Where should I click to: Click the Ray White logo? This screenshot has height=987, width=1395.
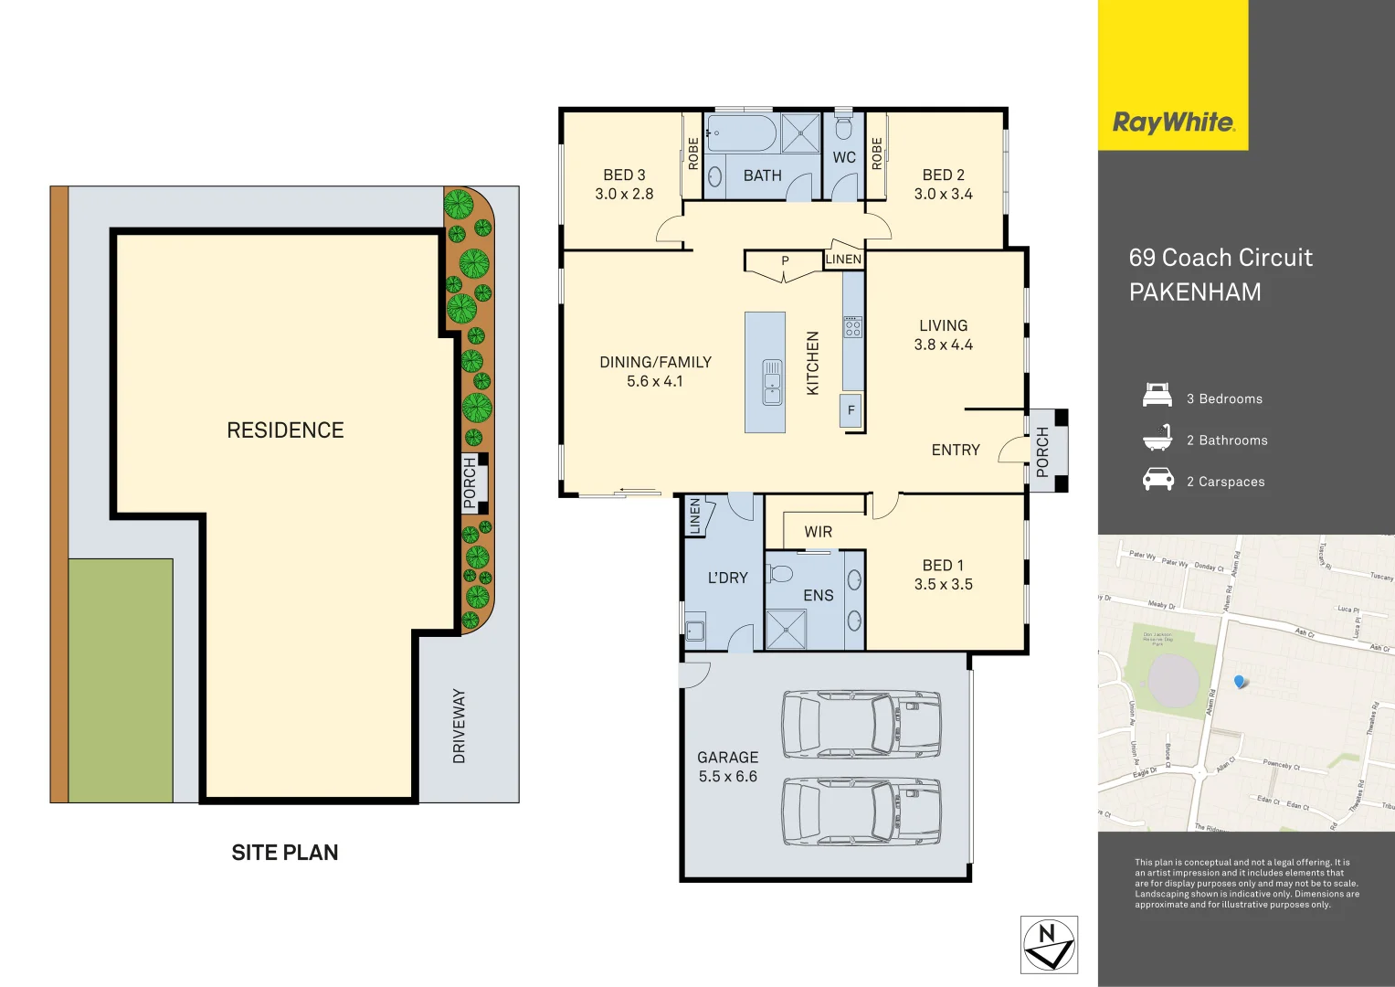(x=1173, y=122)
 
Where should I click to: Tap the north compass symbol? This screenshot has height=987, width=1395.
(x=1049, y=945)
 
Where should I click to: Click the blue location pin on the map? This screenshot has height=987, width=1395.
(x=1239, y=682)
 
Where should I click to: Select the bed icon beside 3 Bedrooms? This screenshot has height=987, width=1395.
(x=1157, y=396)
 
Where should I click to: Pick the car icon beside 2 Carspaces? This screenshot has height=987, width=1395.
(x=1157, y=479)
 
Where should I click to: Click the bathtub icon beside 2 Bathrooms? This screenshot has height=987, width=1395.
(x=1157, y=438)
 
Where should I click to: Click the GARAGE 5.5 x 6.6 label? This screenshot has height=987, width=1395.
(x=727, y=767)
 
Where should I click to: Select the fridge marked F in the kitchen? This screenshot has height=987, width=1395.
(x=851, y=410)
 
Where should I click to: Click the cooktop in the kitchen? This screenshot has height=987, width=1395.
(x=852, y=326)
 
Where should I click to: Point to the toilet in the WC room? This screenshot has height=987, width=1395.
(x=843, y=128)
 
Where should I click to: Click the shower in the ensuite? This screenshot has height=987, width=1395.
(x=786, y=629)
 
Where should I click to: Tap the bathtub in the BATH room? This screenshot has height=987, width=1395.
(x=742, y=133)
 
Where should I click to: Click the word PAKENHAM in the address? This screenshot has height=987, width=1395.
(x=1195, y=292)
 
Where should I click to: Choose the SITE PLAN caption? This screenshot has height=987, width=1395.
(x=285, y=853)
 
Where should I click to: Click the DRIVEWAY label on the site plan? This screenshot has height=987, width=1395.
(x=459, y=727)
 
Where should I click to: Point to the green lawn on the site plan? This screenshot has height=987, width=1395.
(x=121, y=680)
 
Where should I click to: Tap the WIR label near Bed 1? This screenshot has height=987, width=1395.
(x=818, y=532)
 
